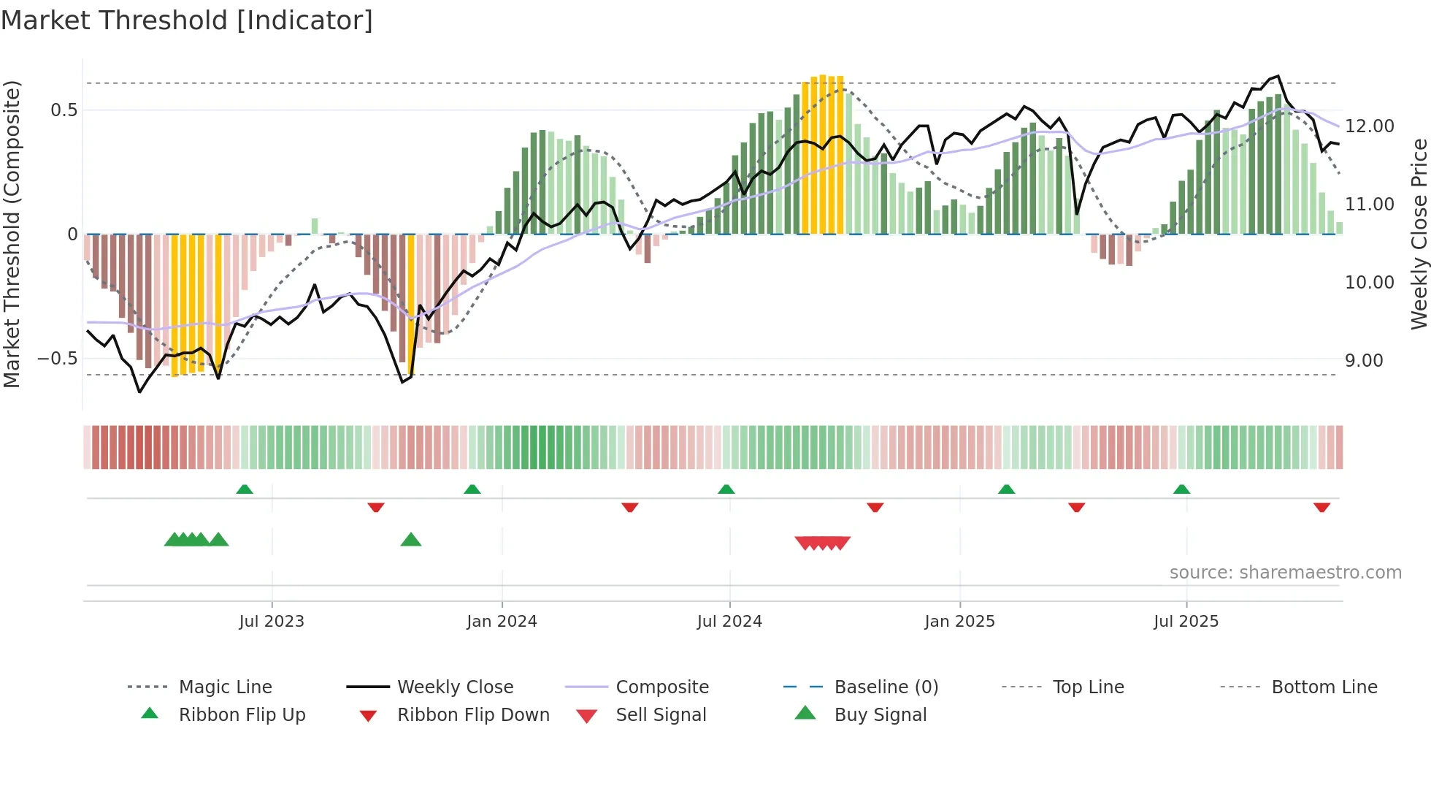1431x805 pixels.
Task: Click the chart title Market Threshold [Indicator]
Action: tap(187, 20)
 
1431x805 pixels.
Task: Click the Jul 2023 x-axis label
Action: tap(271, 622)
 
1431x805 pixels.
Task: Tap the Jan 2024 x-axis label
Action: tap(502, 622)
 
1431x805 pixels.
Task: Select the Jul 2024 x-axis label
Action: tap(729, 622)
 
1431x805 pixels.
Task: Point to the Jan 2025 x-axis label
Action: tap(959, 622)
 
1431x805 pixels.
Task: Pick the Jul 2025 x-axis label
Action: tap(1186, 622)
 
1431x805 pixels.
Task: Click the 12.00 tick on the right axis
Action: tap(1369, 126)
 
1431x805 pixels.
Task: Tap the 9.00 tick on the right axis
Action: tap(1363, 361)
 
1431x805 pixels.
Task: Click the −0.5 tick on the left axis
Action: tap(58, 359)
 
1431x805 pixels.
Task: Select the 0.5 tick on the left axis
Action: tap(64, 110)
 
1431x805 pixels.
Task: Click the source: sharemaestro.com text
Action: tap(1285, 573)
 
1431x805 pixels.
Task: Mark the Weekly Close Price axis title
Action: tap(1419, 234)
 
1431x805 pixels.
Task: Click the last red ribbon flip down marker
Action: tap(1321, 507)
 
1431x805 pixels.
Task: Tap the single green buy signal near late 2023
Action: tap(411, 540)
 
